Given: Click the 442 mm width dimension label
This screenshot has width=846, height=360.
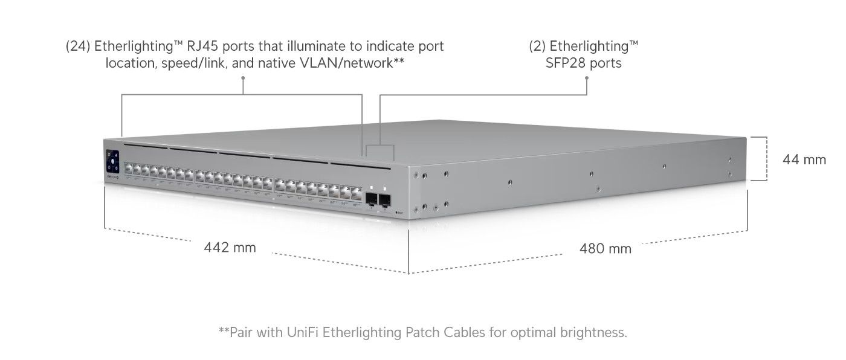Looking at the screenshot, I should (230, 247).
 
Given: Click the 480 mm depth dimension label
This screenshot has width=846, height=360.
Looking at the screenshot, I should (605, 248).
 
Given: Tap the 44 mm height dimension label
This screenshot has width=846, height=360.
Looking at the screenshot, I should (804, 159).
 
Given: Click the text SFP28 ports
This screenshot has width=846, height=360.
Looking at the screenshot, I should (583, 63).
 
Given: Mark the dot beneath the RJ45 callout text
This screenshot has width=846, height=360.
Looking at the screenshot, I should (243, 77).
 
